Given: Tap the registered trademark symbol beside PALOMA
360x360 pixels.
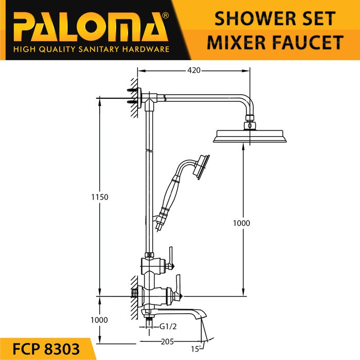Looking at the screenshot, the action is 165,15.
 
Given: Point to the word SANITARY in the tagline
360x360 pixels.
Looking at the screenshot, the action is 99,49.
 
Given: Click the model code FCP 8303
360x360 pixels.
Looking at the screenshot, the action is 46,349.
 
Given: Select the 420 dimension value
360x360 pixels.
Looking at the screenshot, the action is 194,70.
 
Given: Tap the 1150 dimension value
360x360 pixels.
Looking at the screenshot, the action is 100,197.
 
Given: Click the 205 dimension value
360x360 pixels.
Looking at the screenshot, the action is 167,341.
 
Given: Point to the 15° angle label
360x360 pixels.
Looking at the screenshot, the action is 196,349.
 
